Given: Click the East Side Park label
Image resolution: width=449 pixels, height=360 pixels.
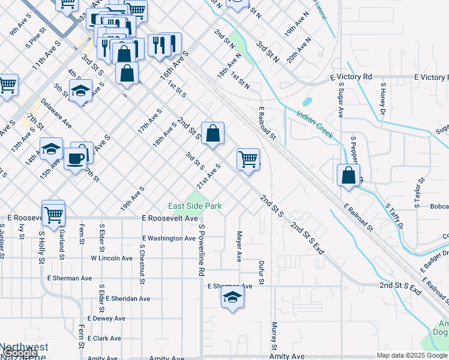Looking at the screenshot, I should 195,206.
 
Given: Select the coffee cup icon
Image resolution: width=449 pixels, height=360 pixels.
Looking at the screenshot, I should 76,159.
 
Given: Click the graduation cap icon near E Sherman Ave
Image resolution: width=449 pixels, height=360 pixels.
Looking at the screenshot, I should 232,297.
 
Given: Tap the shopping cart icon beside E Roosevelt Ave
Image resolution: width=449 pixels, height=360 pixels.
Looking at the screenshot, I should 53,213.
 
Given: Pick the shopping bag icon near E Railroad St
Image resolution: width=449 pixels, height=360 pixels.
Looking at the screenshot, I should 348,176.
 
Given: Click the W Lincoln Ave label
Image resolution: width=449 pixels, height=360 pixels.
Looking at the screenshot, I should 112,258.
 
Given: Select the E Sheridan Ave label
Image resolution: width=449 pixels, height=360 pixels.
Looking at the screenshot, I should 128,298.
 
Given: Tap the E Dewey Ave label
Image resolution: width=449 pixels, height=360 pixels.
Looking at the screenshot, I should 106,318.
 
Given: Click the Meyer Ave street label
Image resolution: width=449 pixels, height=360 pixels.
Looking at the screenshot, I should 239,247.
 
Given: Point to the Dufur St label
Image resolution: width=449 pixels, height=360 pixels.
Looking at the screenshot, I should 261,272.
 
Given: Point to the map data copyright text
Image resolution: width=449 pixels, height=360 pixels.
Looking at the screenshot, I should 412,355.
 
